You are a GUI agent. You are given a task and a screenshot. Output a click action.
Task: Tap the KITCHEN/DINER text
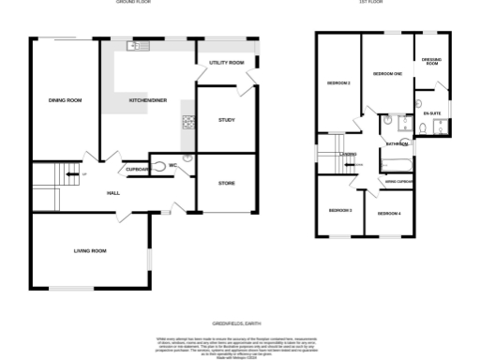coord(148,99)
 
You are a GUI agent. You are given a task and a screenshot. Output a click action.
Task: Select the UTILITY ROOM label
coord(226,62)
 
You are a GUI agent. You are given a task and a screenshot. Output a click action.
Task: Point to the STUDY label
coord(226,120)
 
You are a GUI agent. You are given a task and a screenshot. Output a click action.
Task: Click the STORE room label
coord(226,183)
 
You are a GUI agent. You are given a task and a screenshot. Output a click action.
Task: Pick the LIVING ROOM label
coord(90,251)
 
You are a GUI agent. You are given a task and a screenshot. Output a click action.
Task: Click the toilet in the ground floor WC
coord(169,166)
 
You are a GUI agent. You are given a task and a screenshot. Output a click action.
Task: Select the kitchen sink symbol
coord(133,46)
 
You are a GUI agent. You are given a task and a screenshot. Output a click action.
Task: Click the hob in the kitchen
coord(187,120)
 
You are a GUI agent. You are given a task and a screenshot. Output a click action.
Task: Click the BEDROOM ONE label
coord(387,73)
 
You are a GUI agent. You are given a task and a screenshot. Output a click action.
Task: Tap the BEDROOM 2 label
coord(338,83)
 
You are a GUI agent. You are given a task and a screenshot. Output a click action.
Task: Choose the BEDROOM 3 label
coord(339,210)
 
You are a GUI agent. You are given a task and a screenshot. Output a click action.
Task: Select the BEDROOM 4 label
coord(389,215)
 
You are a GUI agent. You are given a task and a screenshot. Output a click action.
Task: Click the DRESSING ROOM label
coord(431,62)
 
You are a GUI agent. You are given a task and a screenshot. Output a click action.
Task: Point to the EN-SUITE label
coord(431,113)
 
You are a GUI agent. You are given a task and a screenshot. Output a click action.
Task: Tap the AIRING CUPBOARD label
coord(398,181)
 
